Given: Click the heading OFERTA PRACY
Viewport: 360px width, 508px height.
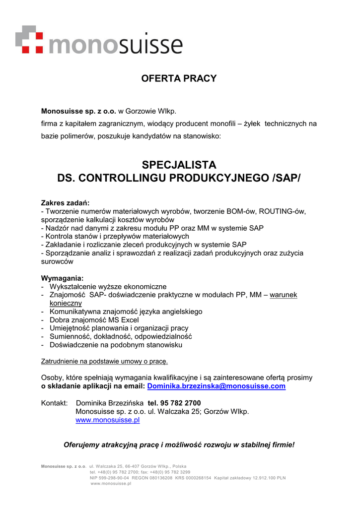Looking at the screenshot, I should pyautogui.click(x=179, y=78).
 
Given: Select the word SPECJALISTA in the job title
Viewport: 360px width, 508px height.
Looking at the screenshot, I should pyautogui.click(x=179, y=165).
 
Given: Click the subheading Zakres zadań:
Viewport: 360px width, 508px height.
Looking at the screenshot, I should pyautogui.click(x=65, y=203).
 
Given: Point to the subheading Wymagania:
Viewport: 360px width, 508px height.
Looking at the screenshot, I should pyautogui.click(x=62, y=278).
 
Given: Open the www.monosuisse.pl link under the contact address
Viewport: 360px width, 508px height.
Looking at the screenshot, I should pyautogui.click(x=107, y=420).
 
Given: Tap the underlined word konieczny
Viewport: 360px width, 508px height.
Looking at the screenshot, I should pyautogui.click(x=66, y=303).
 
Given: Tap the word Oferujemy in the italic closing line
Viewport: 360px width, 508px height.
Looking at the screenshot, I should pyautogui.click(x=81, y=444).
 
